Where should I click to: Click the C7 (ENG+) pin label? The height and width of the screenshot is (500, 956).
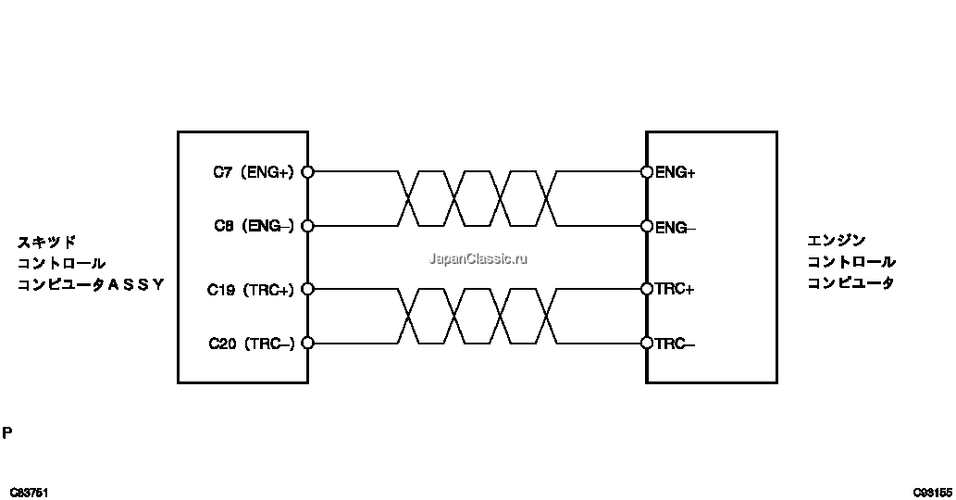tap(253, 172)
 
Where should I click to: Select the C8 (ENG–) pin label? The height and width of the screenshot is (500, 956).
tap(254, 226)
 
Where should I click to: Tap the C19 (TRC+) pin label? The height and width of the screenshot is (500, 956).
tap(251, 290)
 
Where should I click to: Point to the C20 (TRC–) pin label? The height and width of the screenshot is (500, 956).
tap(251, 344)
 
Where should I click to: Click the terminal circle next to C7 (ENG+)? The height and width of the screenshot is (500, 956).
tap(308, 172)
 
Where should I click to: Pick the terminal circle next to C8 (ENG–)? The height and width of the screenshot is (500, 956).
tap(308, 226)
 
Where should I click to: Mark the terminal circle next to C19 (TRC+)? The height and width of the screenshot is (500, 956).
tap(308, 289)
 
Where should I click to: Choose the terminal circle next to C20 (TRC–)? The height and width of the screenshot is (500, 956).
tap(308, 344)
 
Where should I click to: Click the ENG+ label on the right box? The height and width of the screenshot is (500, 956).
tap(676, 172)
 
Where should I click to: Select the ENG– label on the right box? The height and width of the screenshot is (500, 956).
tap(676, 228)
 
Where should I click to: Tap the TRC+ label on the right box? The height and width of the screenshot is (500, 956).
tap(675, 289)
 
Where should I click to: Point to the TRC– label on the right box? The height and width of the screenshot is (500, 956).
tap(675, 344)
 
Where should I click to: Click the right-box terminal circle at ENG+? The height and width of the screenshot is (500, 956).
tap(647, 172)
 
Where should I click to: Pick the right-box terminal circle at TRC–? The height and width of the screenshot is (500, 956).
tap(647, 344)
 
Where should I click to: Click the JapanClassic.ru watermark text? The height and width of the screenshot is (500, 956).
tap(478, 258)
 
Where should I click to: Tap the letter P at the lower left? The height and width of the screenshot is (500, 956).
tap(7, 433)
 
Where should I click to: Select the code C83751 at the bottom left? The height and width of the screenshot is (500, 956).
tap(29, 493)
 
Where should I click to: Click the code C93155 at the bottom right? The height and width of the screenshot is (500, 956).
tap(933, 493)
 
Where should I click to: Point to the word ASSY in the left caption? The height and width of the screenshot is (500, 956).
tap(136, 284)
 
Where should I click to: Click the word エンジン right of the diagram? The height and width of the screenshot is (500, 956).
tap(837, 241)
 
